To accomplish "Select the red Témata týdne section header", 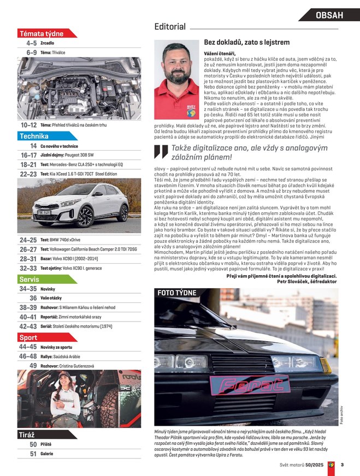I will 42,33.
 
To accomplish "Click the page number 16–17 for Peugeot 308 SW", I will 28,155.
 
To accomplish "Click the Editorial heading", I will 170,26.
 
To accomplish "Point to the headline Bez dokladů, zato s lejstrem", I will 246,42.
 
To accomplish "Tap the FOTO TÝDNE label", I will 176,293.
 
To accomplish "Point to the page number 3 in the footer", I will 341,465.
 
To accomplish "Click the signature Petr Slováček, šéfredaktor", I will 306,282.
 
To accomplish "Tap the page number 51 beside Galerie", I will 33,454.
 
